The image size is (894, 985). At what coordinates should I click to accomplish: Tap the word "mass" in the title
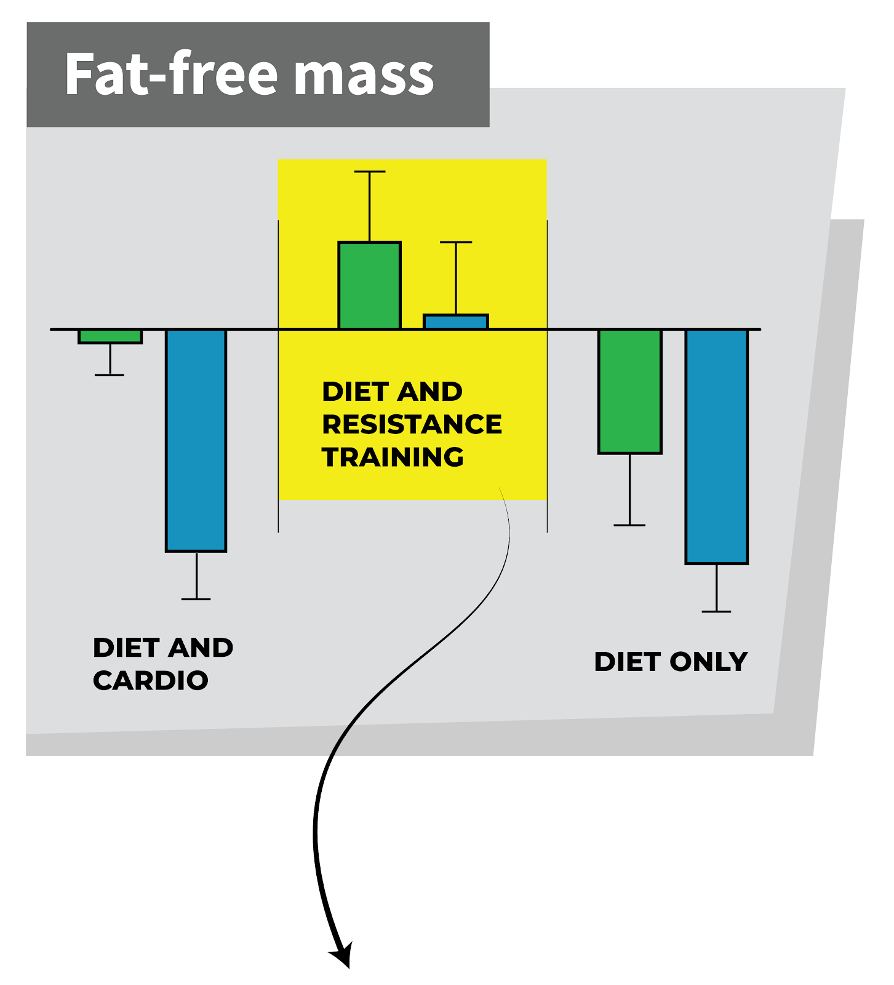click(x=364, y=75)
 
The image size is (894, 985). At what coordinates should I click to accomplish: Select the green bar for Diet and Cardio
click(x=110, y=337)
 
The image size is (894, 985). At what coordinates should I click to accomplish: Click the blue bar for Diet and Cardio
click(x=196, y=440)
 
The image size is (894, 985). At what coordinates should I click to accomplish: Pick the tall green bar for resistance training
click(x=370, y=286)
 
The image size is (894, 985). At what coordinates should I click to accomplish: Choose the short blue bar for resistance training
click(x=456, y=322)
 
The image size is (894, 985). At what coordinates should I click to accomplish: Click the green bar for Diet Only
click(x=630, y=392)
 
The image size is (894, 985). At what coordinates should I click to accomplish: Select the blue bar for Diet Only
click(x=717, y=446)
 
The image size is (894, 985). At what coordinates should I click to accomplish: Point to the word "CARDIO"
click(x=151, y=680)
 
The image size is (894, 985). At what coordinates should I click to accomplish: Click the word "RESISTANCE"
click(x=412, y=424)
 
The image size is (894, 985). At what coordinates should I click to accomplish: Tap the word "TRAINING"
click(x=393, y=457)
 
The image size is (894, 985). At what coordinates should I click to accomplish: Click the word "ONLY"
click(x=708, y=662)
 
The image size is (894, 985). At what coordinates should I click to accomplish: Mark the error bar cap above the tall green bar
click(x=370, y=172)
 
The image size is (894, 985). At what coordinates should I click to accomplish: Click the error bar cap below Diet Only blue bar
click(x=717, y=611)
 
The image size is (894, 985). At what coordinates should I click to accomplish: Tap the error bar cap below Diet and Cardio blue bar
click(x=196, y=599)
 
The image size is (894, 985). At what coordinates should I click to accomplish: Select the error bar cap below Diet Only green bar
click(x=630, y=525)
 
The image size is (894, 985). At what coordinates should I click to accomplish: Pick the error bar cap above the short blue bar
click(x=456, y=243)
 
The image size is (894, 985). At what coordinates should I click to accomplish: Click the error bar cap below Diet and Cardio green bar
click(x=110, y=375)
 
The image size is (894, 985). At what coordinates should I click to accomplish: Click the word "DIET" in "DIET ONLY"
click(x=628, y=662)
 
